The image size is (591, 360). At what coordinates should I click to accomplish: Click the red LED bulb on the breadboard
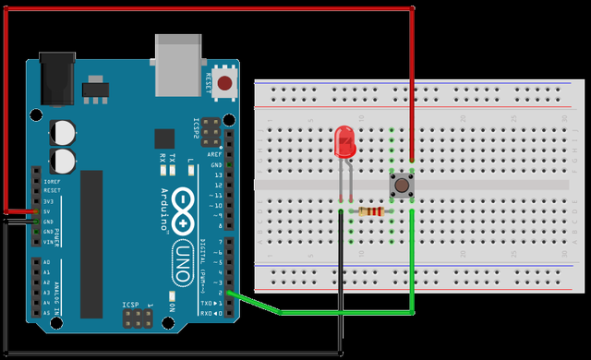[x=344, y=141]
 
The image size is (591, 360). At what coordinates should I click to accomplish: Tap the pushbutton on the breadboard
[x=402, y=186]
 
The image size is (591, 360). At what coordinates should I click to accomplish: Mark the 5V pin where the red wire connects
[x=36, y=211]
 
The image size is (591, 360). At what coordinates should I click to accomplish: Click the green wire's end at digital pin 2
[x=227, y=294]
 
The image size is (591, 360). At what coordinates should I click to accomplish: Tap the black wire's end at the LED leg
[x=341, y=214]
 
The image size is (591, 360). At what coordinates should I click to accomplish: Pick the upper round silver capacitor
[x=64, y=129]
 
